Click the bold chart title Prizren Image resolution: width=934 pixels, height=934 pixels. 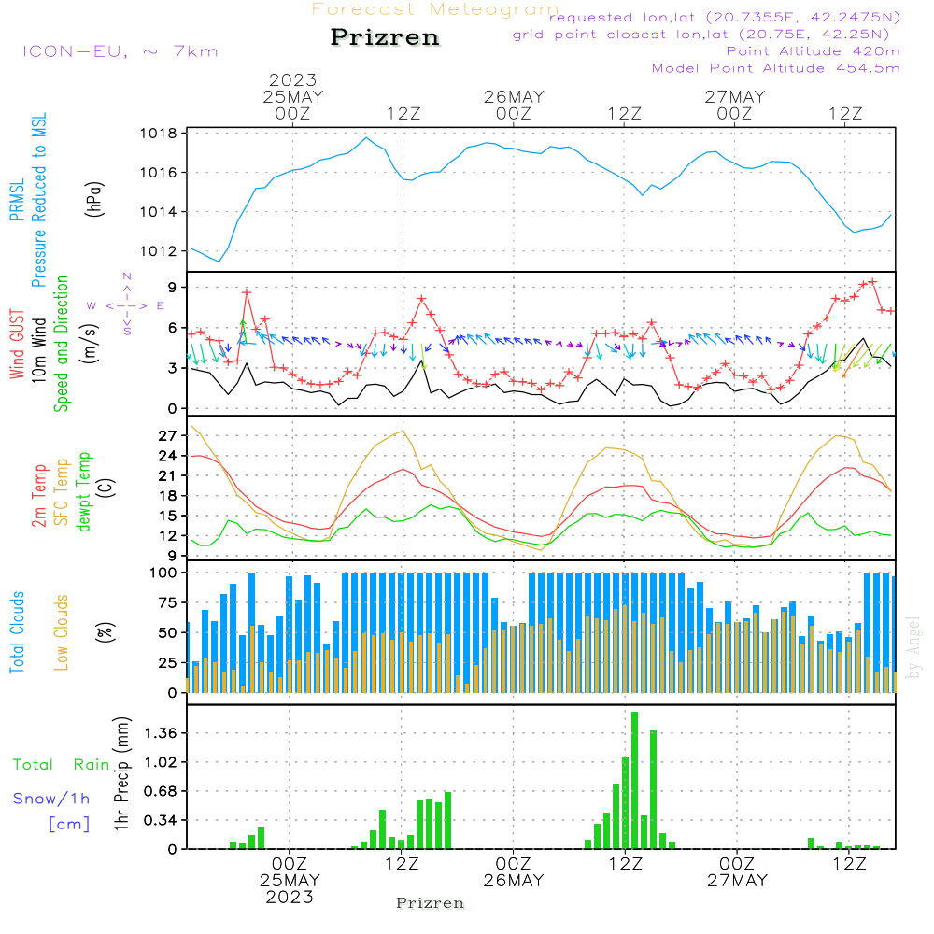(x=385, y=38)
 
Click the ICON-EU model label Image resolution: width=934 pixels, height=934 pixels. (x=120, y=51)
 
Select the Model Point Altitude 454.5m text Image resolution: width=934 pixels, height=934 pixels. (x=775, y=68)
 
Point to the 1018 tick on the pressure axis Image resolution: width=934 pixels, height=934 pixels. (x=160, y=134)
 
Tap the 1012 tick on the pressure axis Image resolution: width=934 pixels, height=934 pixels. (x=160, y=251)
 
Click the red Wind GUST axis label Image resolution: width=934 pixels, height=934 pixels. (x=18, y=344)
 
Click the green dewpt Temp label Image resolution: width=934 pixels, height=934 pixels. (x=85, y=492)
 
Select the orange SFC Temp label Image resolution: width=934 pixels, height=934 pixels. (x=63, y=492)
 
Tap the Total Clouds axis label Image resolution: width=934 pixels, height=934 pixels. (x=18, y=632)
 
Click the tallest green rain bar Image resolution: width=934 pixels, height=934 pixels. (x=634, y=780)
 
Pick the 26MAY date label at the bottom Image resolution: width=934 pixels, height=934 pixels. (x=513, y=881)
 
